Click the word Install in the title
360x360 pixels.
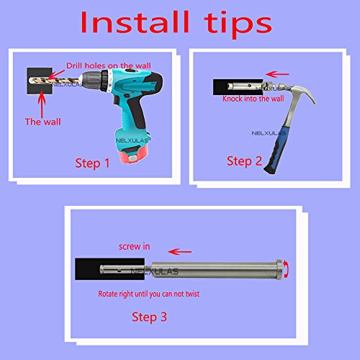(135, 22)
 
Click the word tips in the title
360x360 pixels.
(238, 24)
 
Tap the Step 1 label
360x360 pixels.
(92, 163)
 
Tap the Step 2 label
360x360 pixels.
(244, 161)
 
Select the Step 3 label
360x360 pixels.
(149, 317)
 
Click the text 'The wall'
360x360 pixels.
(43, 122)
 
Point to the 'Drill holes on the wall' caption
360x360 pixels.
(109, 66)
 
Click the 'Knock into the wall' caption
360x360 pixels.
(253, 99)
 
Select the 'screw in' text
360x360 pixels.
(135, 246)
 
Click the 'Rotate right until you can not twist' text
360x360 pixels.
(149, 294)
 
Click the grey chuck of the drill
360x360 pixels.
(92, 81)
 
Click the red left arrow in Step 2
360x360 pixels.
(277, 74)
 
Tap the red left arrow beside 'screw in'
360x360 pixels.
(180, 252)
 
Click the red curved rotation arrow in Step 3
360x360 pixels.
(287, 269)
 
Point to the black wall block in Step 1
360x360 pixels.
(40, 81)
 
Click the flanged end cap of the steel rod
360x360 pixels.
(279, 269)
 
